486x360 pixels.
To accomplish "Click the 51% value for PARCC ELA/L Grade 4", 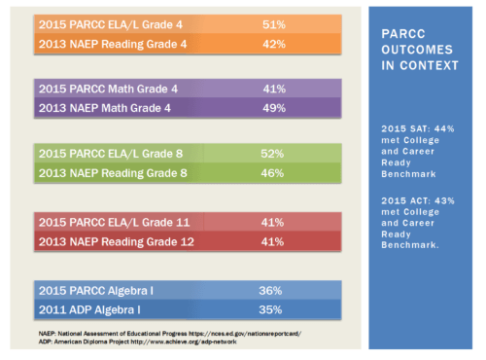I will coord(273,23).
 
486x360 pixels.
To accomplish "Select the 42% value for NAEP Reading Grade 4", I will coord(273,43).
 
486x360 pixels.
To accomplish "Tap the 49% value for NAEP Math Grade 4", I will coord(273,108).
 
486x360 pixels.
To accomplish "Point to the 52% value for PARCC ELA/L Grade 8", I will coord(272,154).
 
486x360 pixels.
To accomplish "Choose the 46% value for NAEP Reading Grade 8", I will coord(272,173).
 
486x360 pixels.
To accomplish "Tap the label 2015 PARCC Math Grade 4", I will coord(108,89).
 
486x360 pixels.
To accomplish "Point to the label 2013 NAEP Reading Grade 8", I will coord(114,173).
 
